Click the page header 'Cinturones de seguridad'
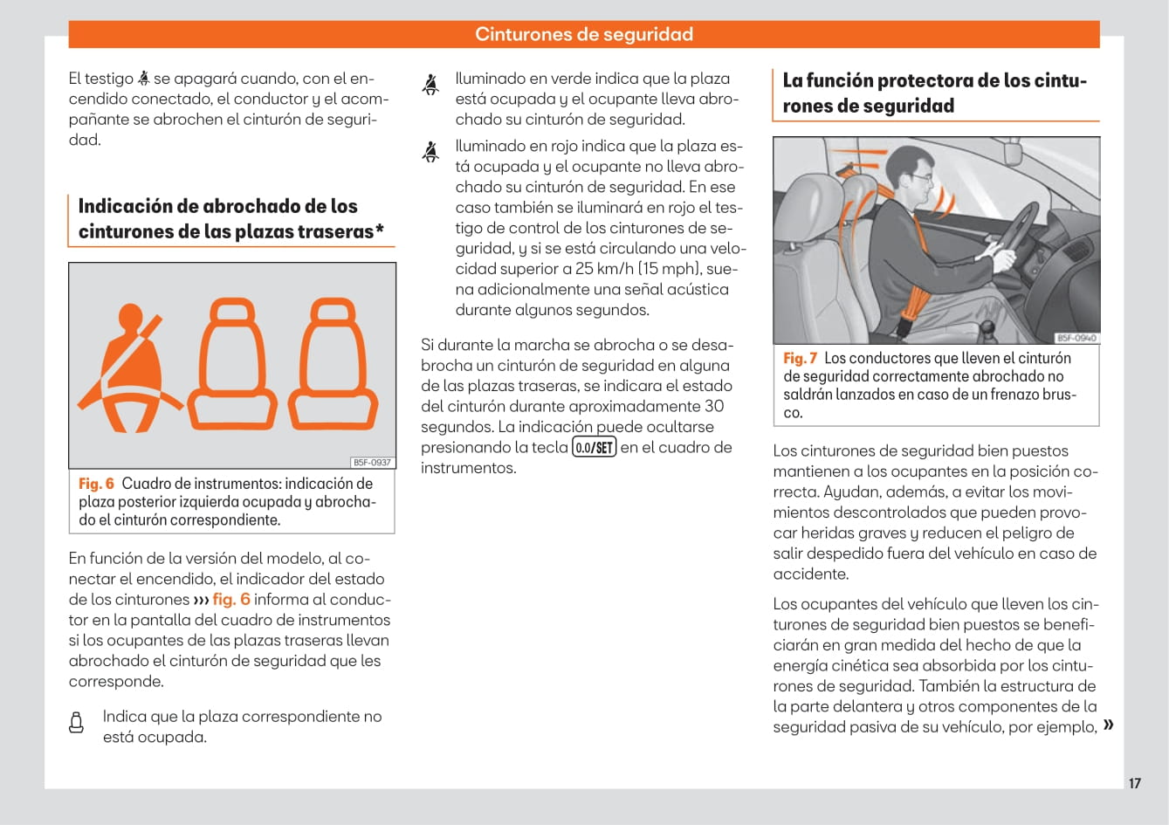click(x=584, y=35)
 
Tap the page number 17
click(x=1134, y=783)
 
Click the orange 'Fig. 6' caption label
click(x=96, y=484)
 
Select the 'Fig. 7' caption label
click(x=800, y=358)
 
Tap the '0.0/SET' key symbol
click(x=594, y=448)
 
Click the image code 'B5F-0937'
click(x=372, y=463)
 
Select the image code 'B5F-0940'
click(x=1076, y=338)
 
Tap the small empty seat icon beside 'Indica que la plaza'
click(x=77, y=723)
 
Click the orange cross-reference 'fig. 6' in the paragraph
click(x=230, y=599)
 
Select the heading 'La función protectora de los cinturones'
click(x=934, y=93)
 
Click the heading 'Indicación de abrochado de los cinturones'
click(x=230, y=218)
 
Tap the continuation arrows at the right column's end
click(x=1108, y=725)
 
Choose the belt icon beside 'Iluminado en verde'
click(x=430, y=84)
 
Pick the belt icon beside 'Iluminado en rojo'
click(x=430, y=152)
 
